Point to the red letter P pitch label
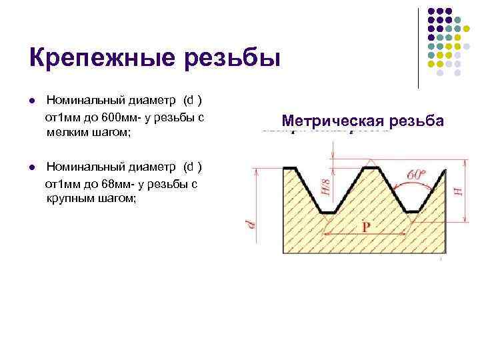(x=366, y=227)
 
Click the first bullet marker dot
(x=31, y=102)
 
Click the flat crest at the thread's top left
(x=291, y=167)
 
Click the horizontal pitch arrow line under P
(x=366, y=235)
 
